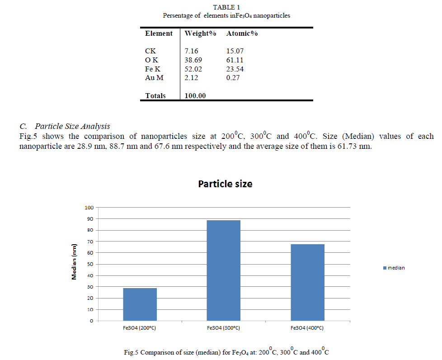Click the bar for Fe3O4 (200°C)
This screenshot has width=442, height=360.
point(140,304)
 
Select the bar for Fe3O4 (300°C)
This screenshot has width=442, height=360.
point(224,270)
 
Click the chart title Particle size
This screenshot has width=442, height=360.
point(225,184)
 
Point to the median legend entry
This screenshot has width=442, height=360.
point(394,268)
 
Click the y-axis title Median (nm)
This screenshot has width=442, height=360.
point(75,262)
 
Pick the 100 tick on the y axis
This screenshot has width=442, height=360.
point(89,208)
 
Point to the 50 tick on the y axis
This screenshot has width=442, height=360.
point(90,264)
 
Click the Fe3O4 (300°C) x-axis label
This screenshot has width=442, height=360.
point(224,328)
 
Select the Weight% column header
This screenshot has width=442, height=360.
point(200,33)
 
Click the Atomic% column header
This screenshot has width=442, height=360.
point(242,33)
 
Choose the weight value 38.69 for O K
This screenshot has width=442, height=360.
point(193,60)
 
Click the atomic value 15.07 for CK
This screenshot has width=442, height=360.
point(235,51)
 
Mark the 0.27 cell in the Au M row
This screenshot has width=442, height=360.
point(233,78)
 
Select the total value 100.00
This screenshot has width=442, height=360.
point(195,96)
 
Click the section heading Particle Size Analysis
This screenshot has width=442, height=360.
point(72,126)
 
